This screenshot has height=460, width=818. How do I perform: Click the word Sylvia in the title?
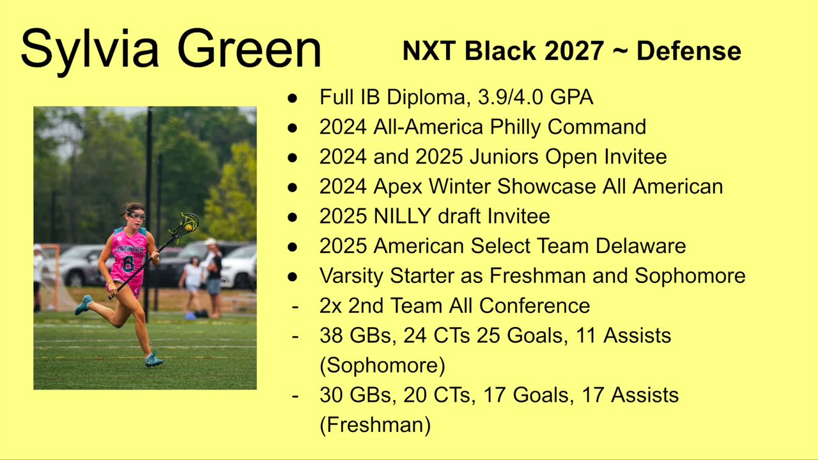pos(90,50)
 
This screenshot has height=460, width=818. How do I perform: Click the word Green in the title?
pos(249,49)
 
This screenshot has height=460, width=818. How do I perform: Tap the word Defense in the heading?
pos(689,50)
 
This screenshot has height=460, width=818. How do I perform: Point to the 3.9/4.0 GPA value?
pos(536,97)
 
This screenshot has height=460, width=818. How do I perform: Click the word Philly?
pos(515,127)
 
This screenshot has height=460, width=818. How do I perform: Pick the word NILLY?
pos(403,216)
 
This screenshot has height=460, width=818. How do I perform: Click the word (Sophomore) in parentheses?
pos(382,365)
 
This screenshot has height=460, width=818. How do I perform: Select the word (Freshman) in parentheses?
pos(375,425)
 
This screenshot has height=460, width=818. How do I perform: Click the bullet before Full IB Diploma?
pos(292,98)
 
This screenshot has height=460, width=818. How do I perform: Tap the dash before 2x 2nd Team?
pos(295,306)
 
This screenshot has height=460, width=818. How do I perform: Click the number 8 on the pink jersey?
pos(128,264)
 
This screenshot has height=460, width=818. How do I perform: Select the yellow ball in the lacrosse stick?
pos(189,227)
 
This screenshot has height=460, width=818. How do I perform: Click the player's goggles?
pos(136,215)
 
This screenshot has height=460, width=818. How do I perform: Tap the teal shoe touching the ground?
pos(153,360)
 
